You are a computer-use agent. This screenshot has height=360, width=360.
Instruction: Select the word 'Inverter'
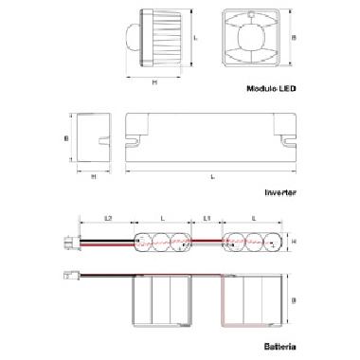pyautogui.click(x=281, y=191)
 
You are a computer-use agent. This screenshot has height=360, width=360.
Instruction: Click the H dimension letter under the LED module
pyautogui.click(x=154, y=81)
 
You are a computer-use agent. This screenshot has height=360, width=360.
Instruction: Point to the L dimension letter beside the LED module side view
pyautogui.click(x=194, y=37)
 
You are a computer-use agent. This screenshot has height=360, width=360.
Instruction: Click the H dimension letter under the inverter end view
pyautogui.click(x=93, y=176)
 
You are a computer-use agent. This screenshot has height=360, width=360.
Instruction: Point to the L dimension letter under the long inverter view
pyautogui.click(x=210, y=176)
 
